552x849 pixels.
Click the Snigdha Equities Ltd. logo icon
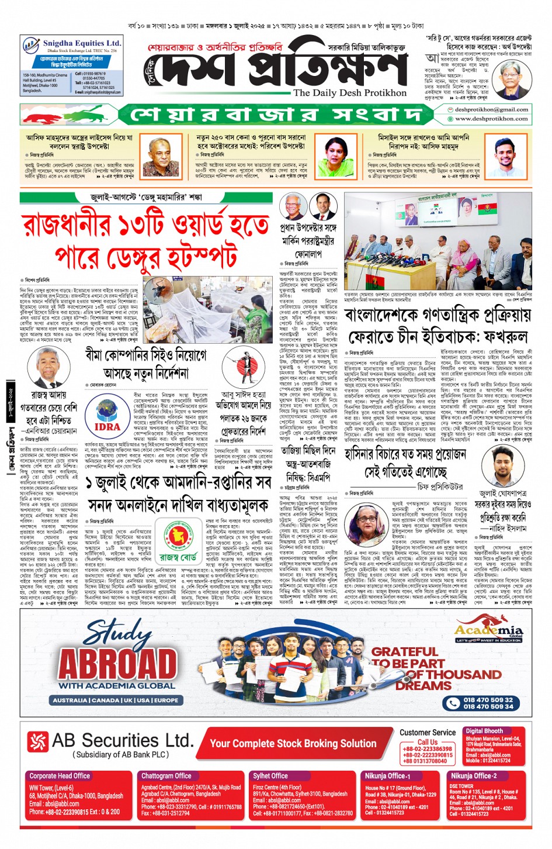[31, 46]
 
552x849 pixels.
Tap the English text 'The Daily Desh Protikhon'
[349, 93]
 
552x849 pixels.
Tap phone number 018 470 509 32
[488, 699]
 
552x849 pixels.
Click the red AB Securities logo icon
[38, 741]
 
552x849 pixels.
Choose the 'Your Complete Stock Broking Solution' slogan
[293, 743]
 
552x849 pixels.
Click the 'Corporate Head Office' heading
[59, 776]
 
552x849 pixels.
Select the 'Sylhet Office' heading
[270, 776]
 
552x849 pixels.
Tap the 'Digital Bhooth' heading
[484, 731]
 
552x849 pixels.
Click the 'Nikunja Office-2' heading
[473, 776]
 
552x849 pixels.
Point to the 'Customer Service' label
[428, 732]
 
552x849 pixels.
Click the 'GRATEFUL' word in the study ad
[404, 651]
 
